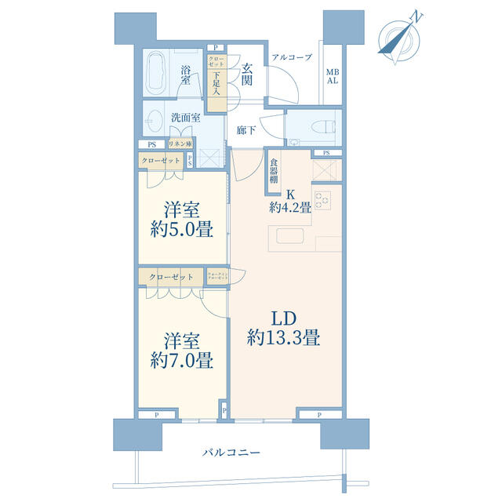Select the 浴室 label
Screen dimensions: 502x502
(187, 75)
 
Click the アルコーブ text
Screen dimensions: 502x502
(292, 57)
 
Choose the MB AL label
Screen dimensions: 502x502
(333, 75)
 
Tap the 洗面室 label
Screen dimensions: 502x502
(186, 118)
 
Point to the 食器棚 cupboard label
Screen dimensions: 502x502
(275, 171)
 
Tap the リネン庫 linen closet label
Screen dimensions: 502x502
(180, 145)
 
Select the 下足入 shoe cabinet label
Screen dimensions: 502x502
(216, 85)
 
